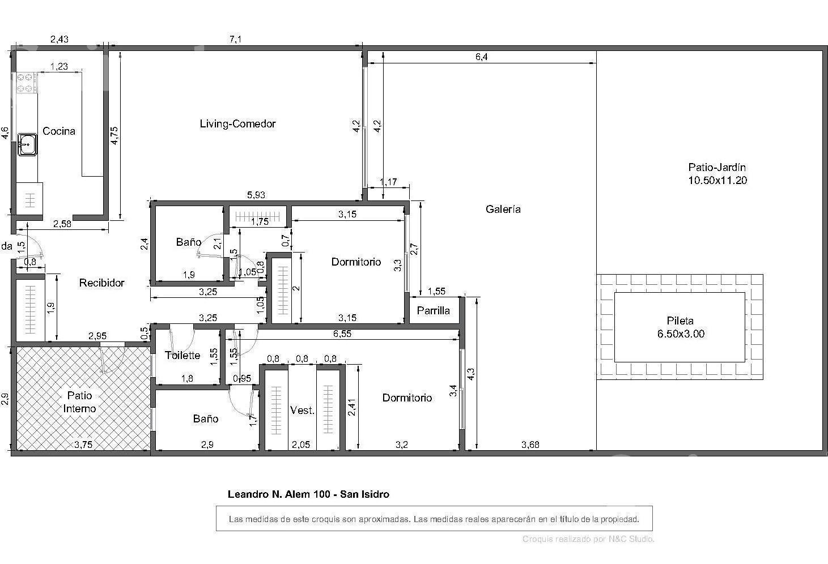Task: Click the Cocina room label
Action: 59,131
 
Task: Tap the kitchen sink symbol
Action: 27,144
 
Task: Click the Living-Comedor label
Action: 237,124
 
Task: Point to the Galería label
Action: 503,209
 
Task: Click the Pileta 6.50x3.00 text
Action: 681,327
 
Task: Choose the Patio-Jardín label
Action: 717,174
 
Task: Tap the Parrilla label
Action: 433,311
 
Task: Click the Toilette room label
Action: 182,355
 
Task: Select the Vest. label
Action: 302,411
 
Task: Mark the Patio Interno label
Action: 79,402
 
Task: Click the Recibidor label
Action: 101,283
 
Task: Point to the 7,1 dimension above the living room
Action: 235,39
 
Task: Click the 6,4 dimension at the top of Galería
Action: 481,57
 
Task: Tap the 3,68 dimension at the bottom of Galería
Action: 530,445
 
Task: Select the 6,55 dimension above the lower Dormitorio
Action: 342,334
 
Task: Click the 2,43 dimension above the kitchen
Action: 60,39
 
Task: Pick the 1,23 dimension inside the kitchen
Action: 59,66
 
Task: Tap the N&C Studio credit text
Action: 631,539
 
